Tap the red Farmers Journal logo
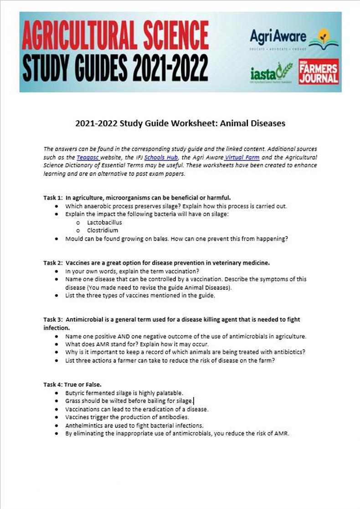319,72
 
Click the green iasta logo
271,73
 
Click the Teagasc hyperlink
86,157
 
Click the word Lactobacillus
104,222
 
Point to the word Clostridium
102,230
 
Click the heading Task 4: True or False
72,384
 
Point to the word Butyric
75,392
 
